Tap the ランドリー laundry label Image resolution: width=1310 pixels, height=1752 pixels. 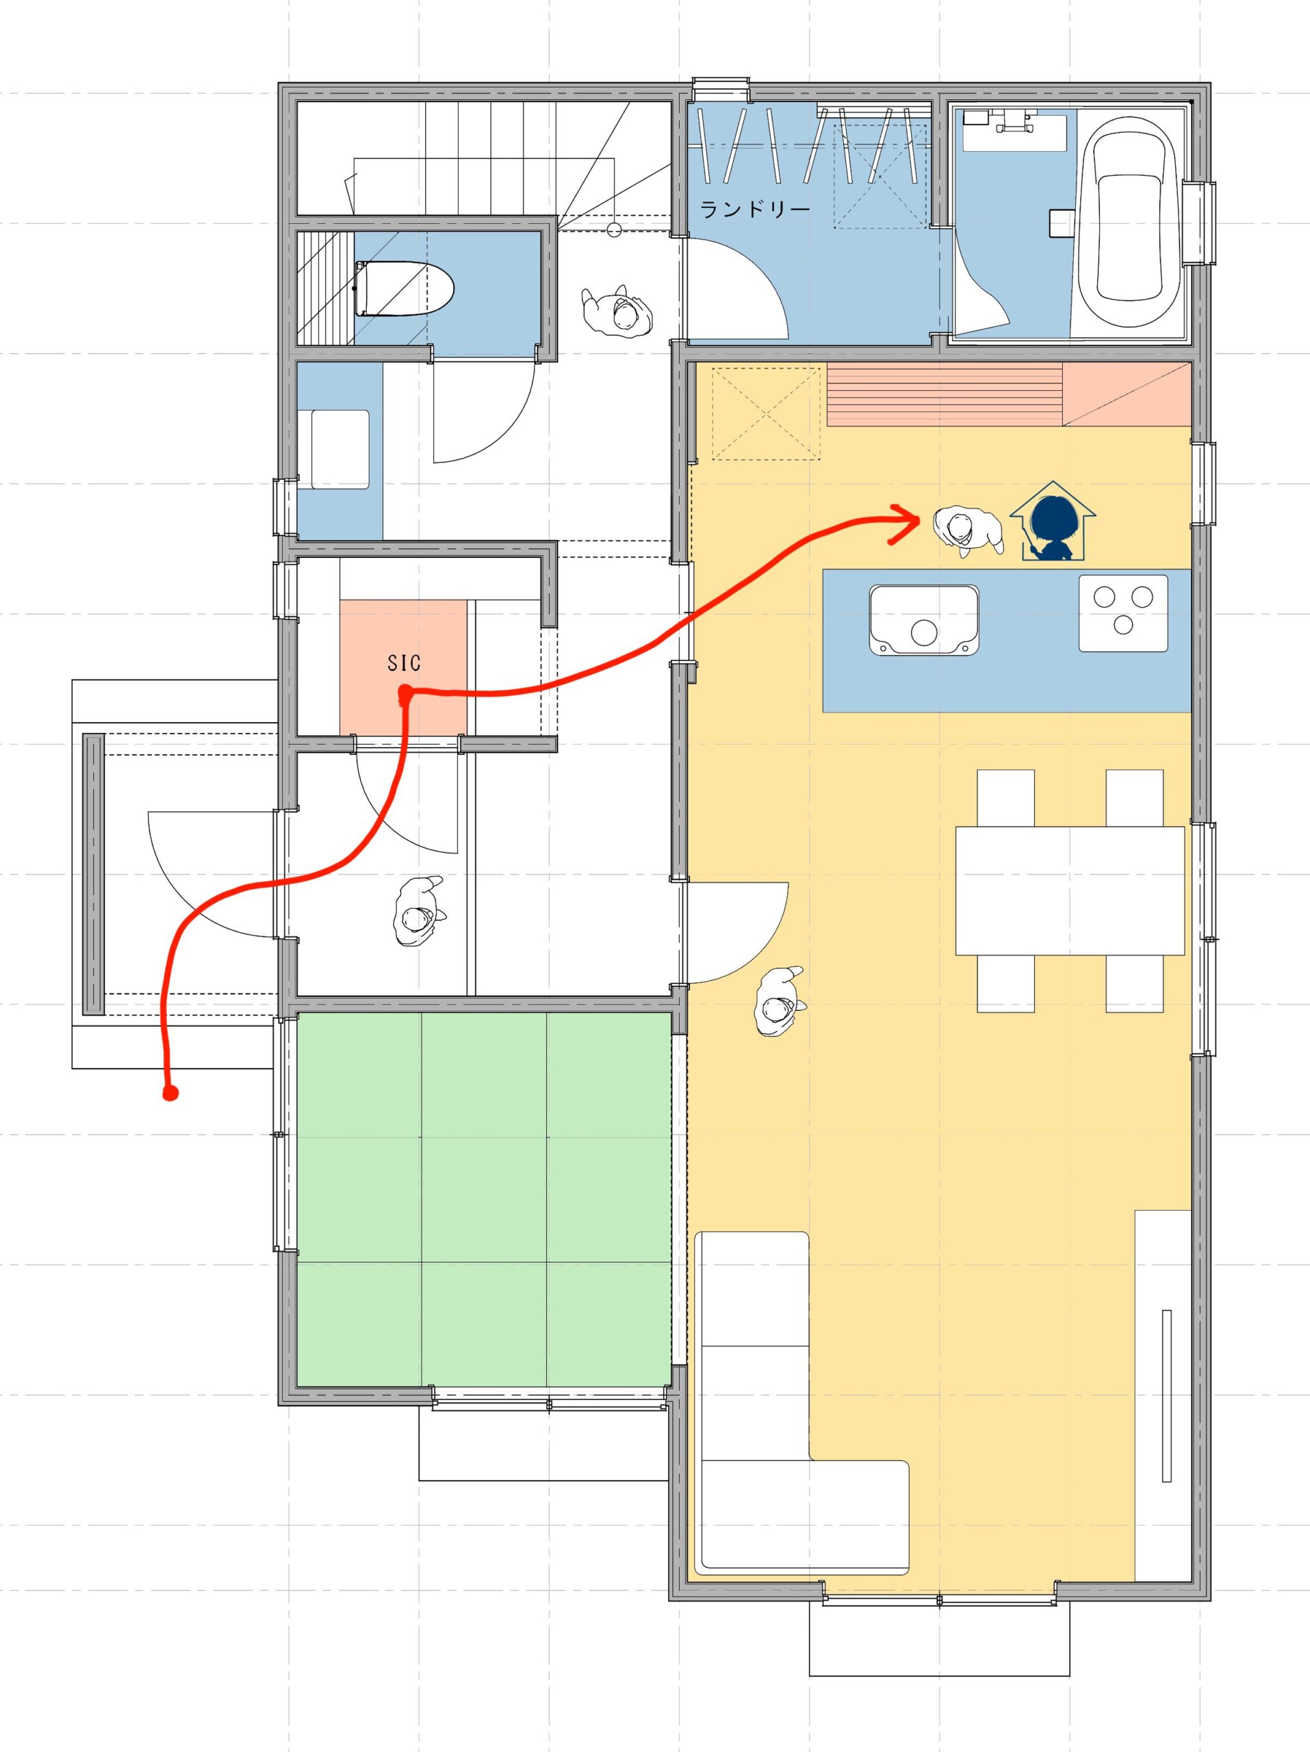pos(755,210)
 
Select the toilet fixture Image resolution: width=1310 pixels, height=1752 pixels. pos(404,289)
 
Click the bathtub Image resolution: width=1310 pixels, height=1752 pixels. pos(1129,215)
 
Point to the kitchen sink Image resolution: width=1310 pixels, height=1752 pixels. pos(923,620)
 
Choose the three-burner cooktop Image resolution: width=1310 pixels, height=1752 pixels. pos(1123,613)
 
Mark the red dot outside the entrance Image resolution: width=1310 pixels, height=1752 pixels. pos(168,1094)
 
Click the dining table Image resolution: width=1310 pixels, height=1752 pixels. pos(1070,891)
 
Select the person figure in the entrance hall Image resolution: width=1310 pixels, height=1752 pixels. pos(418,912)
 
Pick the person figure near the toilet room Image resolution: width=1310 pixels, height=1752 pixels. pos(619,310)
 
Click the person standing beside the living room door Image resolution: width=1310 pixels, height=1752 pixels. pos(780,1002)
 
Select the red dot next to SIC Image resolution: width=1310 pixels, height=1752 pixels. pos(404,695)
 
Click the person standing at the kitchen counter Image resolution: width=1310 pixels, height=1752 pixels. pos(968,532)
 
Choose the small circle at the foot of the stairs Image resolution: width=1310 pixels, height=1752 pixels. pos(613,231)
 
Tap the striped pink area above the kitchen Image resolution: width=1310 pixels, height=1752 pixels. pos(944,394)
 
